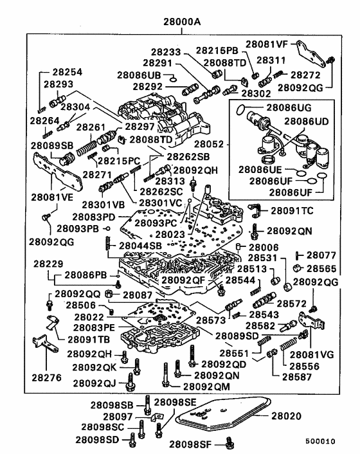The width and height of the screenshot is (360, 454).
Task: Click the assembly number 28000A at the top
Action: pyautogui.click(x=182, y=22)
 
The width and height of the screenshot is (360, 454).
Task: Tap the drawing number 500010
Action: pyautogui.click(x=320, y=441)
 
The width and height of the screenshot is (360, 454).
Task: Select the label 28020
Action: pyautogui.click(x=287, y=416)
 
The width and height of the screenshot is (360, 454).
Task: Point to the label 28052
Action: pyautogui.click(x=209, y=144)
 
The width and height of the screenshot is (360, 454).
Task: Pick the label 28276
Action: pyautogui.click(x=46, y=377)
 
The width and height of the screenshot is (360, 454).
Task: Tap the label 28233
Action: pyautogui.click(x=166, y=52)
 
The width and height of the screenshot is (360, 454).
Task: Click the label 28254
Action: pyautogui.click(x=67, y=72)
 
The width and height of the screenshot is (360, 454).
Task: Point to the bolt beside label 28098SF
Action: pyautogui.click(x=230, y=443)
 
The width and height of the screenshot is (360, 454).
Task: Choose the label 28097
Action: pyautogui.click(x=118, y=417)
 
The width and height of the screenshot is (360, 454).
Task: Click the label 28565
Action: pyautogui.click(x=321, y=268)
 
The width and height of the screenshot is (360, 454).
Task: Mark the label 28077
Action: pyautogui.click(x=321, y=255)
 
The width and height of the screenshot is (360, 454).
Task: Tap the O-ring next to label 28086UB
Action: pyautogui.click(x=173, y=79)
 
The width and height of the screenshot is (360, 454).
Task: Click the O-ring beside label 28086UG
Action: pyautogui.click(x=241, y=109)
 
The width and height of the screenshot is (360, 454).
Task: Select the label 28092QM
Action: pyautogui.click(x=206, y=386)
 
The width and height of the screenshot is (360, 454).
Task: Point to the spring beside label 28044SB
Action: pyautogui.click(x=108, y=243)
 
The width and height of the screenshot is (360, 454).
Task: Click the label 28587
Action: pyautogui.click(x=297, y=377)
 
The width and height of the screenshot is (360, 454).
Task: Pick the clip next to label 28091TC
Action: pyautogui.click(x=255, y=210)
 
